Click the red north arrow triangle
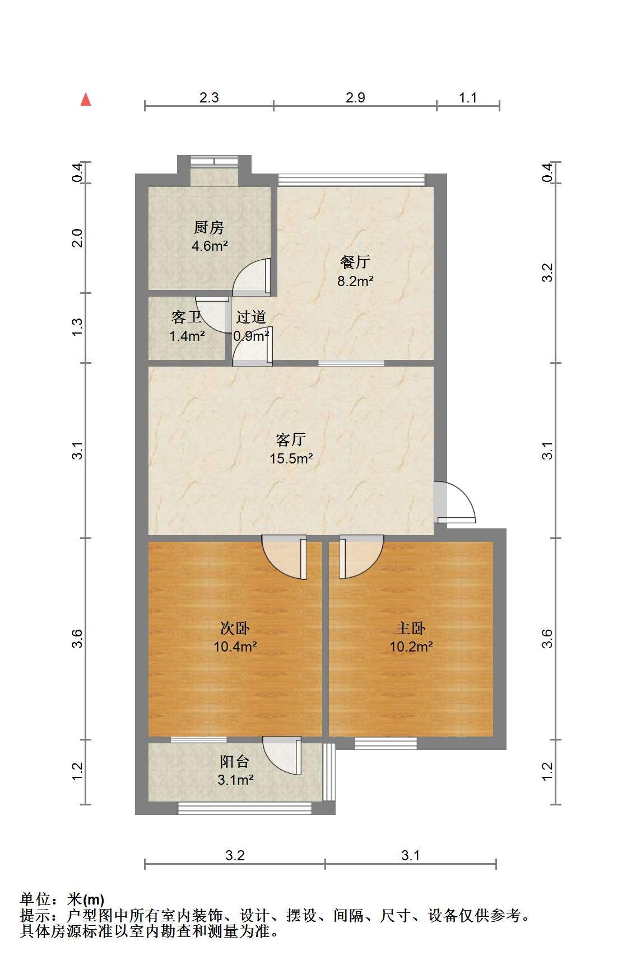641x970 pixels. (x=86, y=100)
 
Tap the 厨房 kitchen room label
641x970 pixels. (x=208, y=227)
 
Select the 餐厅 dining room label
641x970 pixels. (x=355, y=262)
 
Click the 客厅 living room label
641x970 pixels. (x=291, y=439)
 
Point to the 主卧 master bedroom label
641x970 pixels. (x=411, y=628)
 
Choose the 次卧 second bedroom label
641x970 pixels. (x=235, y=628)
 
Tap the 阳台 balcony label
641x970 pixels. (x=235, y=761)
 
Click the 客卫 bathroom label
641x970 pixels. (x=187, y=317)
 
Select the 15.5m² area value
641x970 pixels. (x=291, y=459)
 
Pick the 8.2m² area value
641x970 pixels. (x=355, y=281)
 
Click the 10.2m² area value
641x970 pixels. (x=411, y=647)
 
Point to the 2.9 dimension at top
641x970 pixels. (x=355, y=97)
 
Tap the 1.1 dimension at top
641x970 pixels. (x=468, y=97)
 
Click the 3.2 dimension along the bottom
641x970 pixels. (x=235, y=855)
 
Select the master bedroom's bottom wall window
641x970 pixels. (x=385, y=743)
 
